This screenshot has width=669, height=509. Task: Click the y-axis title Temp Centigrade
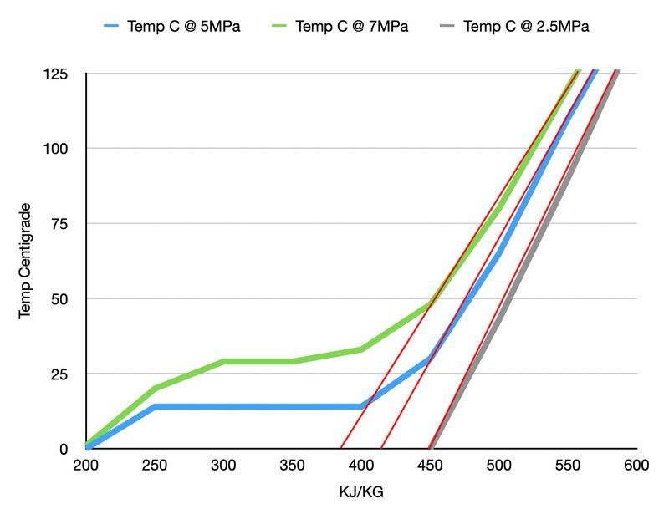click(x=25, y=260)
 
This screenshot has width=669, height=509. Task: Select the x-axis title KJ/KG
click(x=361, y=492)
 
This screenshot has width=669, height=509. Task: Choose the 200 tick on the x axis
click(x=86, y=466)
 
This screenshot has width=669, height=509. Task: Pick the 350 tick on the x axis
click(x=293, y=466)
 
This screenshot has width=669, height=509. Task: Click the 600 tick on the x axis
click(x=636, y=466)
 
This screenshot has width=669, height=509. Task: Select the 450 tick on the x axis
click(x=430, y=466)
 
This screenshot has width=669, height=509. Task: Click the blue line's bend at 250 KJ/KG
click(x=155, y=406)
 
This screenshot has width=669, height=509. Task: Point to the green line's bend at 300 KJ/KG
click(x=224, y=361)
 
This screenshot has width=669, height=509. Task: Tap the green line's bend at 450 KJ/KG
click(x=430, y=304)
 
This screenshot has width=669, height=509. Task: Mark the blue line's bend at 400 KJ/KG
click(x=361, y=406)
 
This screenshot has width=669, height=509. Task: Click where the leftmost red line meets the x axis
click(x=340, y=448)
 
